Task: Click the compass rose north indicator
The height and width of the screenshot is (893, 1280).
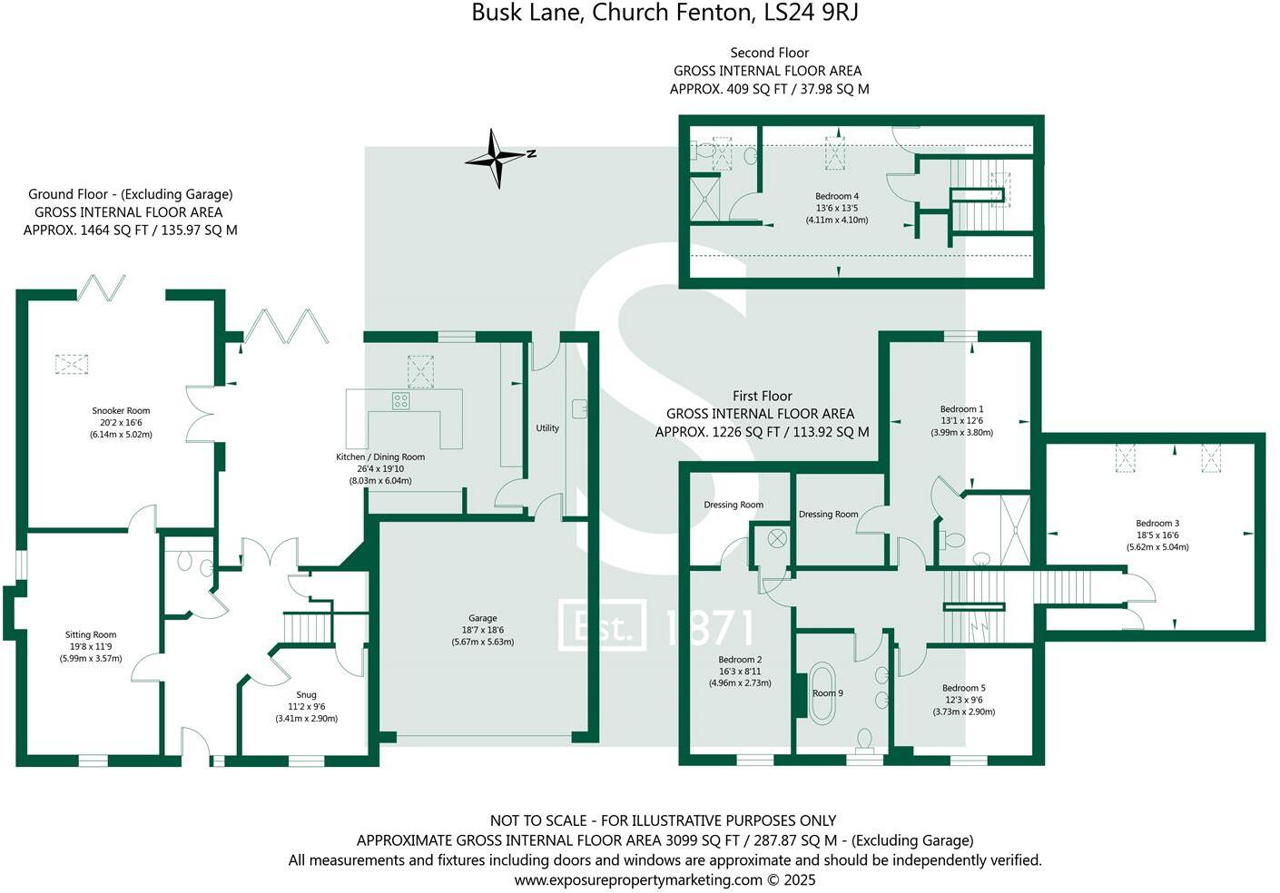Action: tap(497, 158)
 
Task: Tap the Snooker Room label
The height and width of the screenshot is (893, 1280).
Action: tap(121, 411)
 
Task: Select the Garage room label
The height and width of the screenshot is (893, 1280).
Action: tap(483, 619)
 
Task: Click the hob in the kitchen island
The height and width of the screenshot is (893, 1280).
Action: tap(400, 400)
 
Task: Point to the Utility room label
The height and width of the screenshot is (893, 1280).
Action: tap(547, 428)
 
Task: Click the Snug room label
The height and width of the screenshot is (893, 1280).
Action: tap(306, 695)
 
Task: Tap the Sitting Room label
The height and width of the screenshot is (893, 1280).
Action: tap(91, 635)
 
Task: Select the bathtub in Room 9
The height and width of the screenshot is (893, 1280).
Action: tap(822, 694)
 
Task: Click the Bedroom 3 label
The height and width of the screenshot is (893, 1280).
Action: tap(1157, 524)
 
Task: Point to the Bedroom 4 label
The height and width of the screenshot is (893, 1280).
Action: tap(836, 196)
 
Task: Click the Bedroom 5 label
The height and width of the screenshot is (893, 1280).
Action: tap(963, 689)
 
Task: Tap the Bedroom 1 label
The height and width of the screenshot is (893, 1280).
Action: tap(961, 409)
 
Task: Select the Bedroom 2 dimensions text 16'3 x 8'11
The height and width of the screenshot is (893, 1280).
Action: tap(740, 672)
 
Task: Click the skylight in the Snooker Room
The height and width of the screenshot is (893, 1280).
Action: tap(72, 365)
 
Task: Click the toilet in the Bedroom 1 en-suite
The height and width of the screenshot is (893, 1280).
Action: tap(951, 540)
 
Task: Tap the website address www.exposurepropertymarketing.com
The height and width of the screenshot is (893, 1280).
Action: tap(638, 879)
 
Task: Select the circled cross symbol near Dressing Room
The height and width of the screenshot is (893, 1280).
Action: tap(777, 538)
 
